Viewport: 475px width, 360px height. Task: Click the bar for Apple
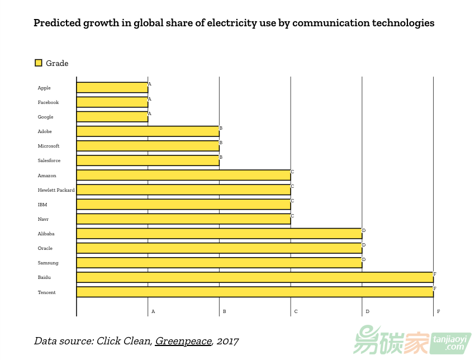tap(112, 88)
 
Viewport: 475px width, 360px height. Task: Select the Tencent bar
tap(254, 292)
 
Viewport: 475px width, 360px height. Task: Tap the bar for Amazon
tap(183, 176)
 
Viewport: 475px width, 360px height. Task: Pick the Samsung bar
tap(219, 263)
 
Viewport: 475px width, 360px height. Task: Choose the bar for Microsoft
tap(148, 146)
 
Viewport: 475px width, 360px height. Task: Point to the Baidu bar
tap(254, 277)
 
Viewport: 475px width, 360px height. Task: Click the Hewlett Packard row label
tap(56, 190)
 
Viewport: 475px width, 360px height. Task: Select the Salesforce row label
tap(49, 161)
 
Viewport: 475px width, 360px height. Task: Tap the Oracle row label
tap(45, 248)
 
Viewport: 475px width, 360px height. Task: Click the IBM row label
tap(42, 205)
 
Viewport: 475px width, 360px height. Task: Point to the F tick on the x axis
tap(438, 311)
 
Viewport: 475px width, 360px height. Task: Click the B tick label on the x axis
tap(224, 311)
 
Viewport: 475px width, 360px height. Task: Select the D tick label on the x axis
tap(367, 311)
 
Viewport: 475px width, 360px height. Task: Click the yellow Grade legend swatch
tap(38, 63)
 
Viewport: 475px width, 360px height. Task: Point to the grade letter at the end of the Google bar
tap(149, 113)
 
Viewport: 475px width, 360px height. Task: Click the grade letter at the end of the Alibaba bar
tap(363, 230)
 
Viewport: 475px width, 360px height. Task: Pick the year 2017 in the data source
tap(227, 341)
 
